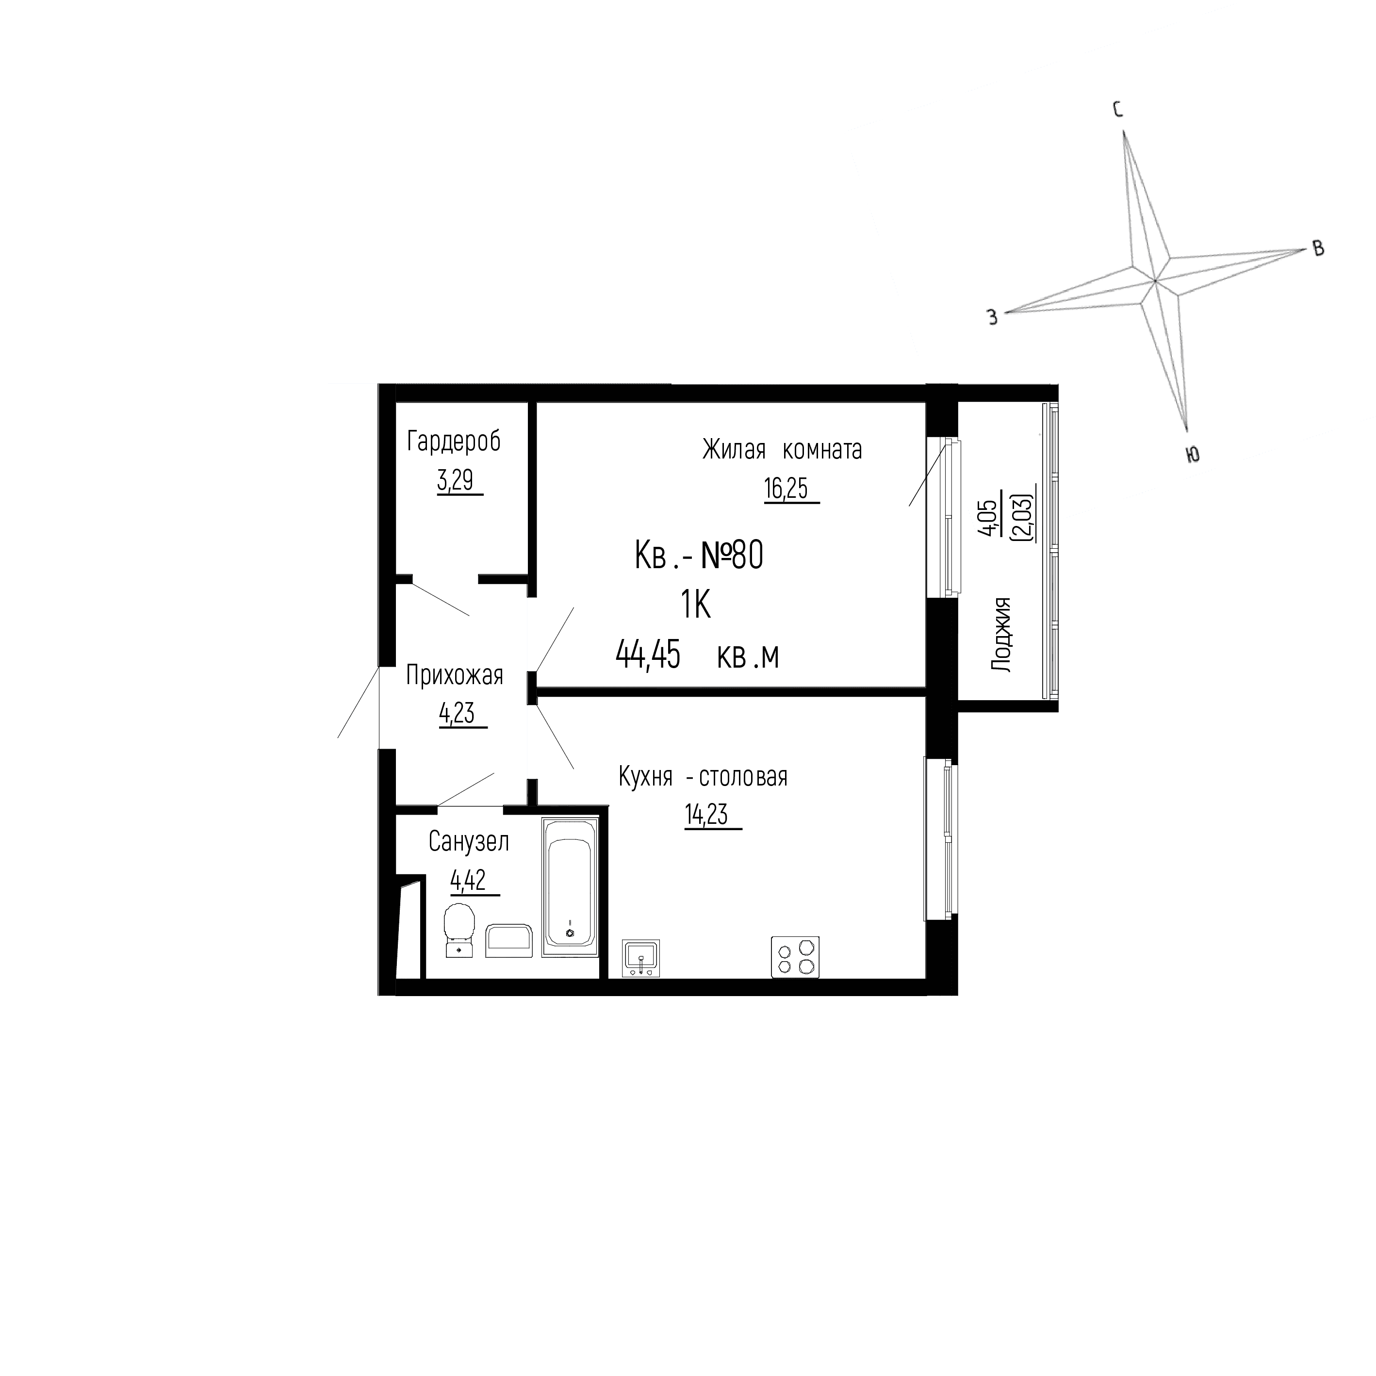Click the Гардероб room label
point(454,442)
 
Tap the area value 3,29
point(455,481)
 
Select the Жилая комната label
point(781,450)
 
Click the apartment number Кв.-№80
point(699,556)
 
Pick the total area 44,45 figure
point(648,655)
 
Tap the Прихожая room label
point(455,675)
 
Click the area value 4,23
point(457,713)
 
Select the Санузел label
point(468,842)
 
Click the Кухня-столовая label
point(703,776)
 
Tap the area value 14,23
point(706,815)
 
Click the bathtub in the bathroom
point(570,887)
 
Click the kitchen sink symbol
point(640,957)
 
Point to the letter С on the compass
point(1117,109)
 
